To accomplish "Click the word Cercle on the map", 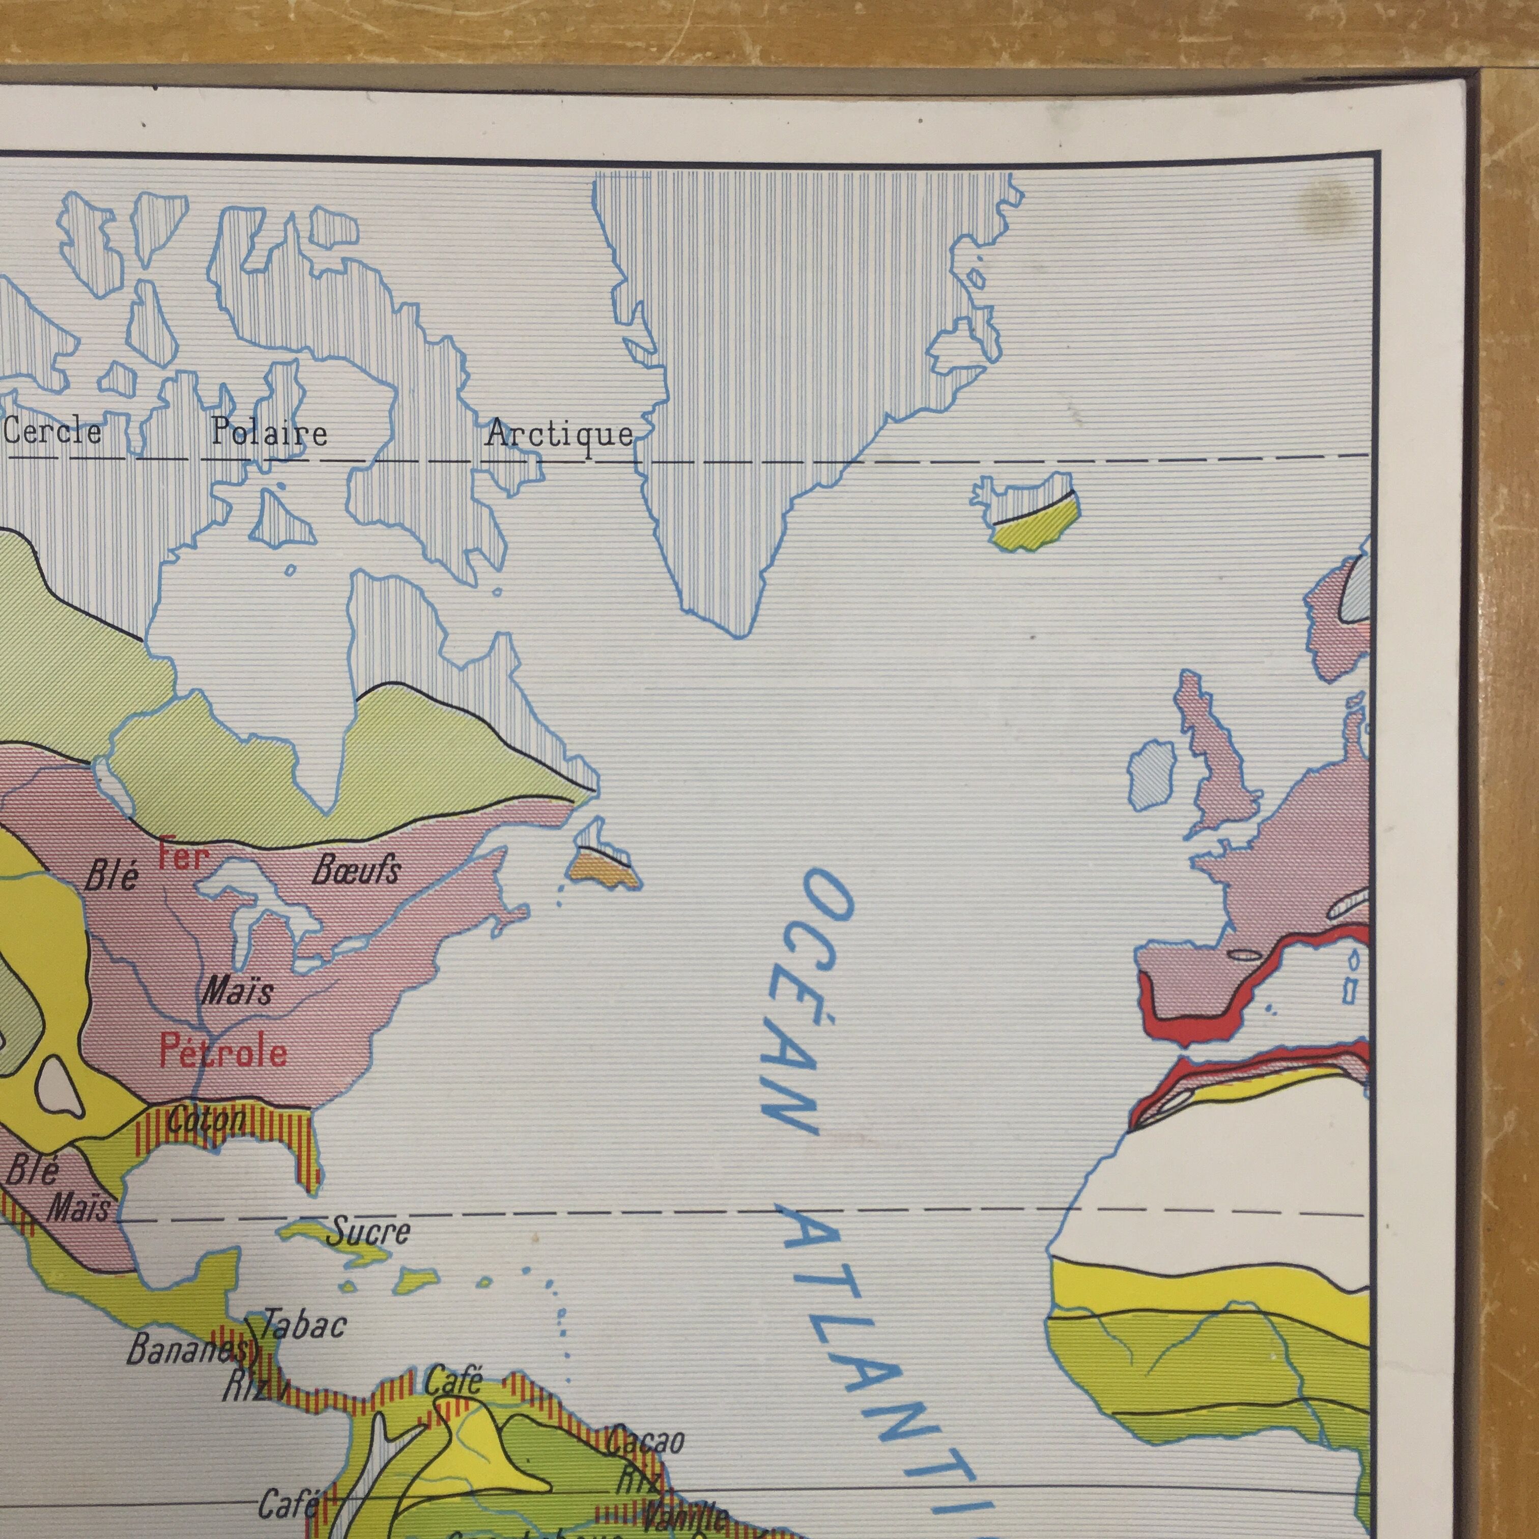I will pyautogui.click(x=52, y=432).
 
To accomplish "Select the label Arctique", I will pyautogui.click(x=560, y=434).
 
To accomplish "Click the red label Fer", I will pyautogui.click(x=183, y=857).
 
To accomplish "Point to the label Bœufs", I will pyautogui.click(x=355, y=871).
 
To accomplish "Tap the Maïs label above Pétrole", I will pyautogui.click(x=237, y=992).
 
